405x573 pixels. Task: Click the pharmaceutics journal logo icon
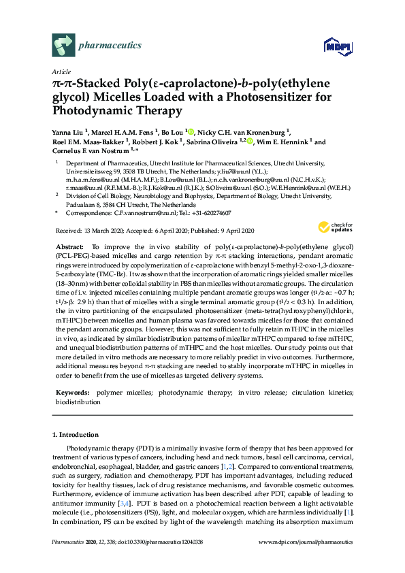click(63, 46)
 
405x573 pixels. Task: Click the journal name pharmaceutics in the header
click(110, 46)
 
